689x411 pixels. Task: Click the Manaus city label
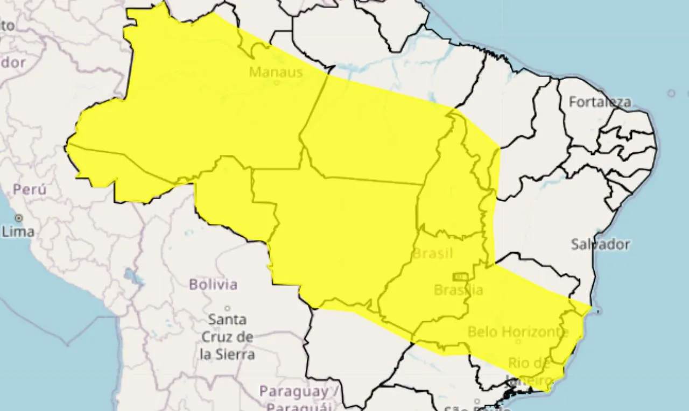click(x=276, y=72)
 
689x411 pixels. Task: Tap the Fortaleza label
click(x=600, y=102)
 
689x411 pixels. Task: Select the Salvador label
click(x=600, y=244)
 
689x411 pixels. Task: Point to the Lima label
click(x=18, y=232)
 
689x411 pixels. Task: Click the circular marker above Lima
click(x=19, y=218)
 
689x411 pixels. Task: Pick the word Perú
click(x=30, y=189)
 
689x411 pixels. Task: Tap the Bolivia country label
click(x=213, y=284)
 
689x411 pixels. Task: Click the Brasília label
click(x=458, y=290)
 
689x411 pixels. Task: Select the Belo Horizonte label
click(x=518, y=332)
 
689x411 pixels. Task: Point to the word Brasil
click(x=432, y=253)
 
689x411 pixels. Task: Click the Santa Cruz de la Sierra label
click(x=227, y=337)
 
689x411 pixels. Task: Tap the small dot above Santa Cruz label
click(x=227, y=309)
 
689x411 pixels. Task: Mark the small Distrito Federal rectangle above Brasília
click(x=459, y=277)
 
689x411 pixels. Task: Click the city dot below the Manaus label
click(x=277, y=83)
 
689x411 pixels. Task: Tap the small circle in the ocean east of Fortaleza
click(x=671, y=93)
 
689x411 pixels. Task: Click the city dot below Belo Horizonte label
click(x=518, y=341)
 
